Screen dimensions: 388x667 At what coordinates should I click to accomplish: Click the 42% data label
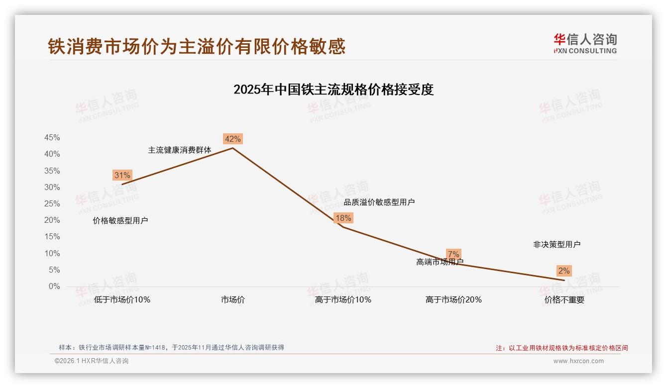[233, 139]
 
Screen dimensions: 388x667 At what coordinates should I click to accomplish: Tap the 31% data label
[122, 175]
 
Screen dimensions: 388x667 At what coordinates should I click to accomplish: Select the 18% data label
[343, 218]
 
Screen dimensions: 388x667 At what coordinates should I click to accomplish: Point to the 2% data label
[564, 271]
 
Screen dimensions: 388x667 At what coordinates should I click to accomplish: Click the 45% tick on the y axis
[52, 137]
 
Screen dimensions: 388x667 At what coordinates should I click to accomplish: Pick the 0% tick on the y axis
[54, 287]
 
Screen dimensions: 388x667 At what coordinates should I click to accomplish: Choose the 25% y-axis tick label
[52, 204]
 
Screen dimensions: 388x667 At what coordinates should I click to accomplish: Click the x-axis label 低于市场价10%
[122, 300]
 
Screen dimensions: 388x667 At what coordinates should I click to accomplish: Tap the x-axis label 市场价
[233, 300]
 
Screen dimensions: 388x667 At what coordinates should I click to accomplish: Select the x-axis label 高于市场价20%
[453, 300]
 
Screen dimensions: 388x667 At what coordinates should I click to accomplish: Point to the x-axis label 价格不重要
[564, 300]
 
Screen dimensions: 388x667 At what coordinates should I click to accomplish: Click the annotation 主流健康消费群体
[180, 150]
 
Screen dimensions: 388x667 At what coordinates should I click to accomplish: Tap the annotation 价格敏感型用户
[120, 220]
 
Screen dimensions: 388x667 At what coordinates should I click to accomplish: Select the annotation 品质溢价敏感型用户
[379, 202]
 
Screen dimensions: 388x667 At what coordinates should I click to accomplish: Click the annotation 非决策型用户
[556, 244]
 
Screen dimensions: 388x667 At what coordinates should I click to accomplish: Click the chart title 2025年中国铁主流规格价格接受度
[333, 90]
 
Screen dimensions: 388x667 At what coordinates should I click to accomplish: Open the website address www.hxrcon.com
[578, 361]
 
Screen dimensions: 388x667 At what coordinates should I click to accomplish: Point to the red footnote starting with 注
[562, 348]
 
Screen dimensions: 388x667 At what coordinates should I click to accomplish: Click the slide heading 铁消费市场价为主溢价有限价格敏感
[197, 46]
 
